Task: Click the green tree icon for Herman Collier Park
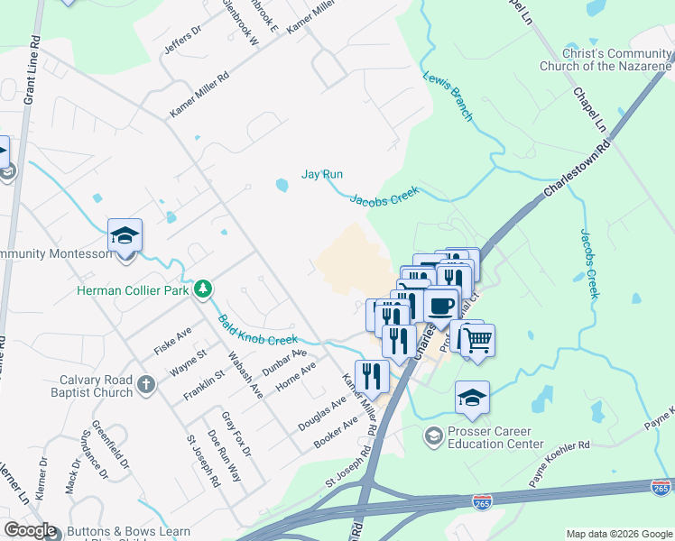205,289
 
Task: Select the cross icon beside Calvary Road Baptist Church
146,387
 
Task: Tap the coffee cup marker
440,304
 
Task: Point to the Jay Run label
322,174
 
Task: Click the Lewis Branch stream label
448,97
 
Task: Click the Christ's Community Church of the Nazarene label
606,60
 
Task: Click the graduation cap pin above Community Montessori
125,236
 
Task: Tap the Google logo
30,530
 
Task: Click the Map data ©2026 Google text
619,534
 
